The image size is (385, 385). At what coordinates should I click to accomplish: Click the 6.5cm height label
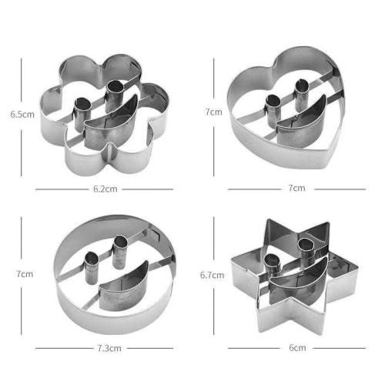(21, 113)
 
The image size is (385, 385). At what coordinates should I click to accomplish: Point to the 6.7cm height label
(212, 274)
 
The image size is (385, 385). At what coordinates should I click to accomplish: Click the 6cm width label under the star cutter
(297, 347)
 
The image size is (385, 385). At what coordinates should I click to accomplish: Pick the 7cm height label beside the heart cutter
(213, 112)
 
